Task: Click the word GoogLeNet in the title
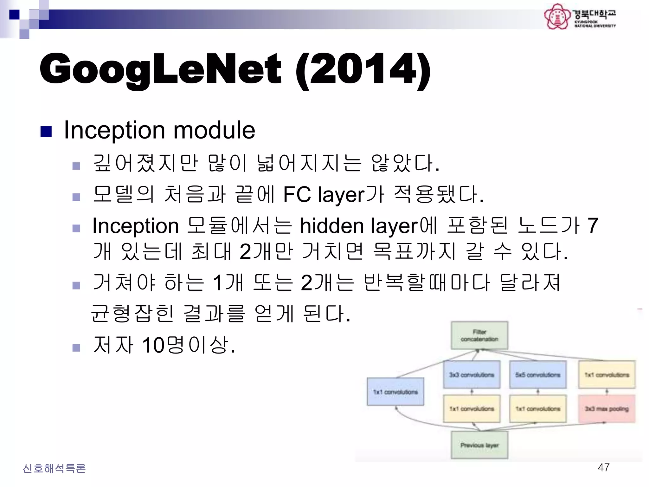160,69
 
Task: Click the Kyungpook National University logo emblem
556,16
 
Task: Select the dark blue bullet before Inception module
46,132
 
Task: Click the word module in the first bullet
214,130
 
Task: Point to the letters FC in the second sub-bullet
297,194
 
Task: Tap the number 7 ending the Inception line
593,226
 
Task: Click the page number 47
603,467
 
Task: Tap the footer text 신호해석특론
54,468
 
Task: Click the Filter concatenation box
479,335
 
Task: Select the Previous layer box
479,445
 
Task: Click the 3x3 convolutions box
472,375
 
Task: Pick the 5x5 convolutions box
538,375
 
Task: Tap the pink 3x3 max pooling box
607,409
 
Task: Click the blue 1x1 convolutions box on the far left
395,392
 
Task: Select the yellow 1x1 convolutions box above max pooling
607,375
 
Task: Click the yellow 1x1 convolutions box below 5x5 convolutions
538,409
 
